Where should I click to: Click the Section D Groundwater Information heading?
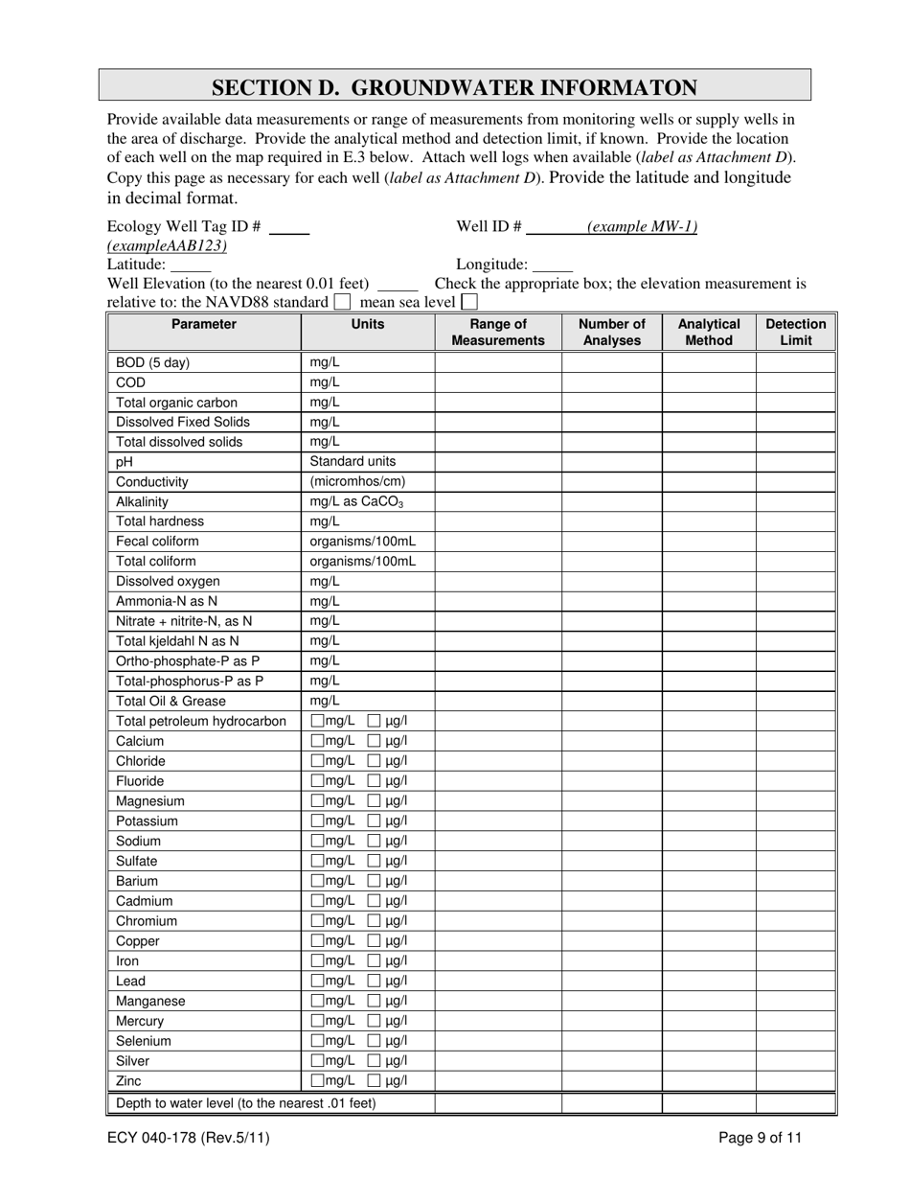(x=454, y=87)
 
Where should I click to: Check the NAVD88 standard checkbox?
(x=342, y=302)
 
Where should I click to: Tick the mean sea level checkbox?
(x=469, y=302)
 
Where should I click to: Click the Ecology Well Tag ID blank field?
(x=289, y=228)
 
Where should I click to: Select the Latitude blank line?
(x=190, y=266)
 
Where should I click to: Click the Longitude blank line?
(x=552, y=266)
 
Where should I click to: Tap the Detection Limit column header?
(x=795, y=332)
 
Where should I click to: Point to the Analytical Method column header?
(x=709, y=332)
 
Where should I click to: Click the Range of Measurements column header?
(x=498, y=332)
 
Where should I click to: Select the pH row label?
(x=125, y=461)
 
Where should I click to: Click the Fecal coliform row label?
(x=157, y=541)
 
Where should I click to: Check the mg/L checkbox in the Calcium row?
(x=318, y=741)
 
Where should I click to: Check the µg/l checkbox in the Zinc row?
(x=375, y=1080)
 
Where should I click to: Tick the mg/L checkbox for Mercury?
(x=318, y=1021)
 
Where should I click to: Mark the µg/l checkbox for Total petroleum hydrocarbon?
(x=375, y=721)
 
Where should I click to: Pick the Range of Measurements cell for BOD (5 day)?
(x=498, y=362)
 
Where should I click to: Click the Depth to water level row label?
(x=246, y=1103)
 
